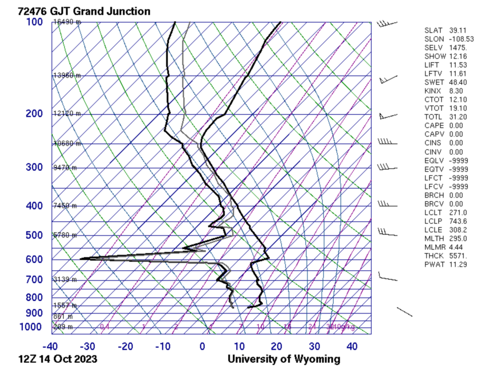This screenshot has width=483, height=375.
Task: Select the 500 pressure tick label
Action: (34, 235)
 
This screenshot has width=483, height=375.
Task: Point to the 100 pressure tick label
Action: (34, 22)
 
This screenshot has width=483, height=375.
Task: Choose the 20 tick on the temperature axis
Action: (276, 346)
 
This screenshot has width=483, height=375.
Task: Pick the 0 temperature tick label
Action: (202, 346)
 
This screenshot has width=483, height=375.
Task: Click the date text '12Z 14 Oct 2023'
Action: (58, 359)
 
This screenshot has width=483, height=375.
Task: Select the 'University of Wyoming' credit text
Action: (283, 359)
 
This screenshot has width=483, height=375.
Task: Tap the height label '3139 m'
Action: (65, 280)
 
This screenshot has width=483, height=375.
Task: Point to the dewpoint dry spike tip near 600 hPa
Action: (82, 258)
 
